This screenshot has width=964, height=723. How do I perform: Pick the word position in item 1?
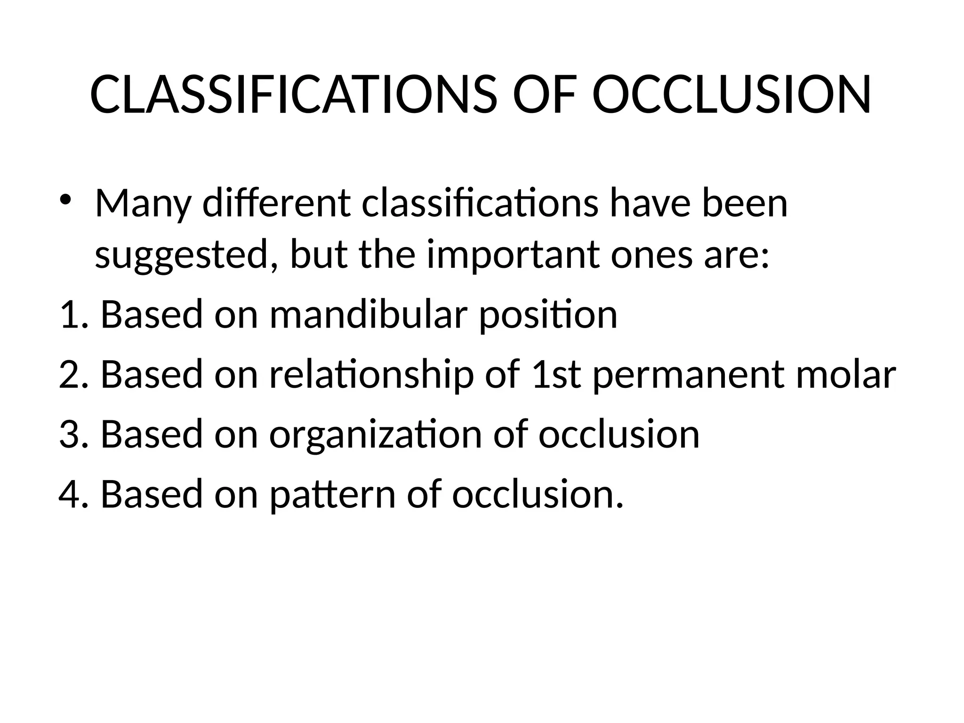[x=548, y=316]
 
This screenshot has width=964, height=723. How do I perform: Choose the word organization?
[x=376, y=435]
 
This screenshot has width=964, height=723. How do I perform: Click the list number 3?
[x=72, y=434]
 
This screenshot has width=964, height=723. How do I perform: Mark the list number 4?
[x=72, y=495]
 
